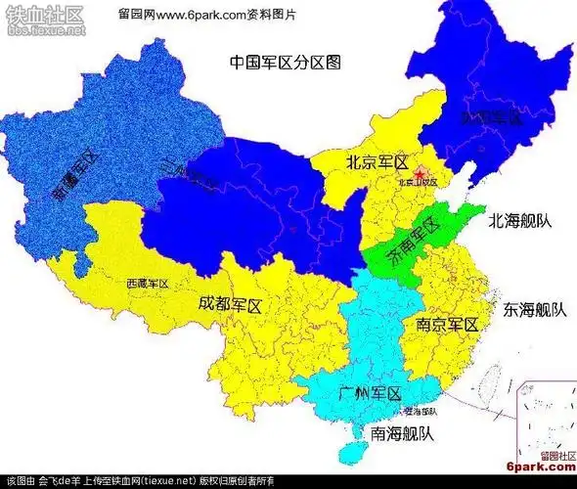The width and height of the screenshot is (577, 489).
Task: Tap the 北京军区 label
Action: coord(377,162)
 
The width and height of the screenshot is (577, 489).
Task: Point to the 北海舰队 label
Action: coord(520,221)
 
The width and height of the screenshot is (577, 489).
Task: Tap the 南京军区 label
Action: coord(447,324)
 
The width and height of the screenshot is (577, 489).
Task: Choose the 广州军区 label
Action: coord(370,394)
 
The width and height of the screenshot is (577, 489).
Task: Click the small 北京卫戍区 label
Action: coord(418,183)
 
